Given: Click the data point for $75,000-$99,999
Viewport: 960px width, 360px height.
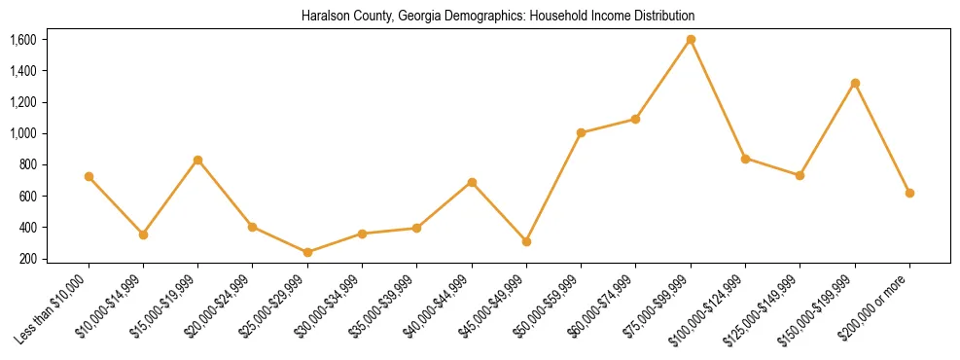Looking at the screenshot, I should (691, 40).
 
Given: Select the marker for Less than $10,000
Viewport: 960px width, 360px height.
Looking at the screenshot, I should (89, 177).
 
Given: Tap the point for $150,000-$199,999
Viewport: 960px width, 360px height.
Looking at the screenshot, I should (855, 84).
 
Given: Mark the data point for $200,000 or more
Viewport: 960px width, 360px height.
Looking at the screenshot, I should (909, 193).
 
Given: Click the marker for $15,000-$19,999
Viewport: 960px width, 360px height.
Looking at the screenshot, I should (198, 160).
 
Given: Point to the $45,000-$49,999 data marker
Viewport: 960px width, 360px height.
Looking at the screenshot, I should (526, 241).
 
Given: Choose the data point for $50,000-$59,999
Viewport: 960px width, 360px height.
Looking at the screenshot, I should (581, 133).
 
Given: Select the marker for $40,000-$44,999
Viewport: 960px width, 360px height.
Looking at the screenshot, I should (472, 182).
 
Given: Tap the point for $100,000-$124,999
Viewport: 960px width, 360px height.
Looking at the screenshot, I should (745, 159).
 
